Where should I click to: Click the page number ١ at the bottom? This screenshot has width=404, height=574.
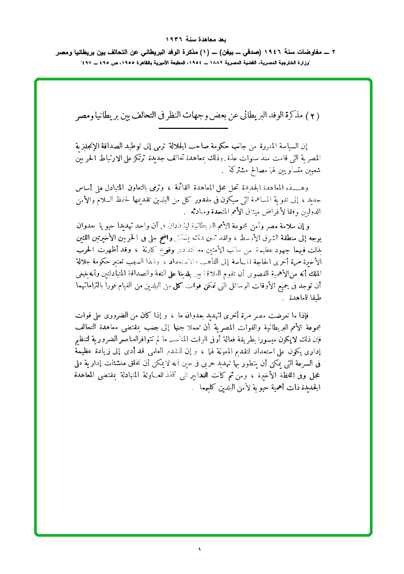click(x=200, y=549)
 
